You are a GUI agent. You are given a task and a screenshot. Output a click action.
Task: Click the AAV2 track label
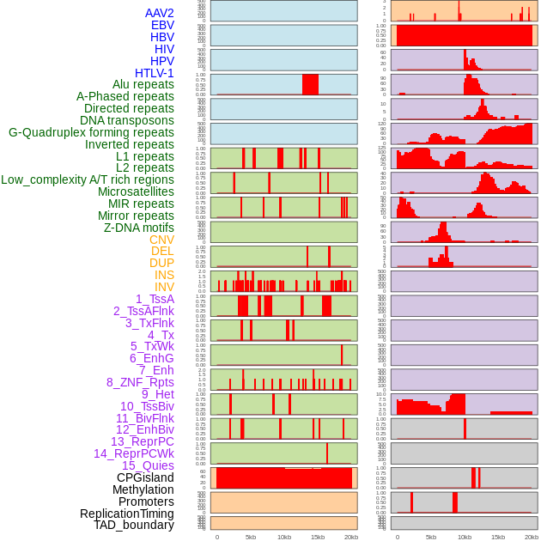click(159, 13)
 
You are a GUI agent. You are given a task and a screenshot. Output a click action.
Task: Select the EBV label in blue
click(162, 25)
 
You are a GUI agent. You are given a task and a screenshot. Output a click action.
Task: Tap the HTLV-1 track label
click(154, 73)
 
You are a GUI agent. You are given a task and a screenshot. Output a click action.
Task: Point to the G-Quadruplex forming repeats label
click(91, 132)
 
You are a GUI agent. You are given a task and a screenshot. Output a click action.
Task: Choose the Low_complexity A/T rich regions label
click(88, 179)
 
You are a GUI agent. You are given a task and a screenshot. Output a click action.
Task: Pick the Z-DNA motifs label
click(138, 228)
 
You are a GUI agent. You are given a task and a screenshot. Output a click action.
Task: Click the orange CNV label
click(161, 240)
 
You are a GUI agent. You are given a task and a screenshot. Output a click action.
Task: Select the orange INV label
click(164, 287)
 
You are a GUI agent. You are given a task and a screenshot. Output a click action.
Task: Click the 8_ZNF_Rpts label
click(140, 382)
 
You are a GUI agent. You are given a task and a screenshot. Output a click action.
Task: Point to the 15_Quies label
click(148, 465)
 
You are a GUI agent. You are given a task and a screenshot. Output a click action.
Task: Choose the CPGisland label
click(145, 477)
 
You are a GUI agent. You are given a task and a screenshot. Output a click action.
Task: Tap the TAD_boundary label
click(133, 525)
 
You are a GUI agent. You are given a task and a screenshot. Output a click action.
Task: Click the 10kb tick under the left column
click(284, 537)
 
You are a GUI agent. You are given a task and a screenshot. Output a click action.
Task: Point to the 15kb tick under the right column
click(497, 537)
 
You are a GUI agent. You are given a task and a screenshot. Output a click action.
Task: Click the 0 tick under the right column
click(397, 537)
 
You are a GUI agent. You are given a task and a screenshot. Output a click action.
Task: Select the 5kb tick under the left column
click(251, 537)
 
